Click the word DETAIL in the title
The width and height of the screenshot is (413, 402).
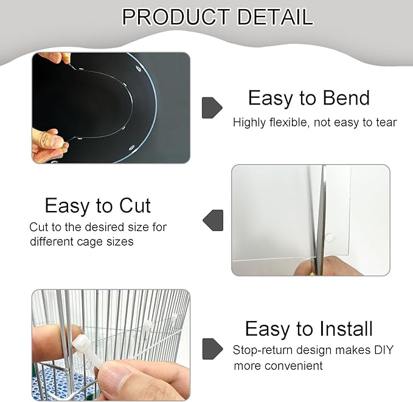coord(275,16)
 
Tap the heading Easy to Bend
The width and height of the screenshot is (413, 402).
coord(308,98)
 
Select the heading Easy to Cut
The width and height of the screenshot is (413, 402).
coord(97,206)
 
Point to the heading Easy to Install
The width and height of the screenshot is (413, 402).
coord(308,329)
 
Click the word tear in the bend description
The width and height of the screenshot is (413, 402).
coord(385,123)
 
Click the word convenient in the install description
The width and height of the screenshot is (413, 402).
coord(293,366)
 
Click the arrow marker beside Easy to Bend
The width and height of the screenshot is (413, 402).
coord(211,108)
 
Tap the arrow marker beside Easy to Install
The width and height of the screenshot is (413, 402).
coord(211,348)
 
